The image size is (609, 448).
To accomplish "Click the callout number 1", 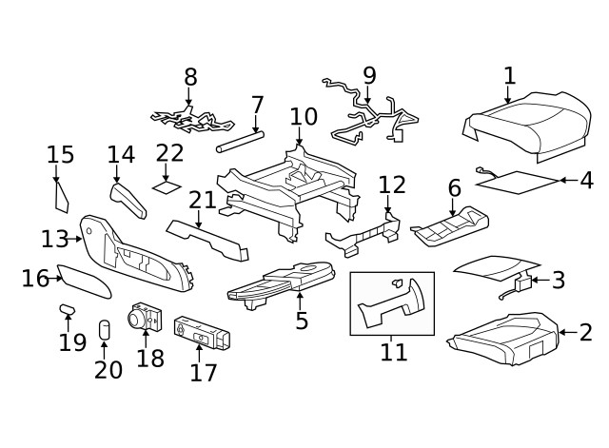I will pyautogui.click(x=509, y=75).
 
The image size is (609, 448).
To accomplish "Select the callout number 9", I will pyautogui.click(x=369, y=75).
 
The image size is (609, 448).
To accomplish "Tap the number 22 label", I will pyautogui.click(x=170, y=152).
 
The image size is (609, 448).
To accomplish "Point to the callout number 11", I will pyautogui.click(x=393, y=352).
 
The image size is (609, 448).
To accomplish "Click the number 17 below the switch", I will pyautogui.click(x=204, y=372).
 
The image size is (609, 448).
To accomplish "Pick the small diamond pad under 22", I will pyautogui.click(x=167, y=186).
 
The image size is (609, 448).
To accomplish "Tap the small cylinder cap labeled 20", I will pyautogui.click(x=105, y=330).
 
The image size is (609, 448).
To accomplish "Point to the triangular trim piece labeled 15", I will pyautogui.click(x=62, y=196).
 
